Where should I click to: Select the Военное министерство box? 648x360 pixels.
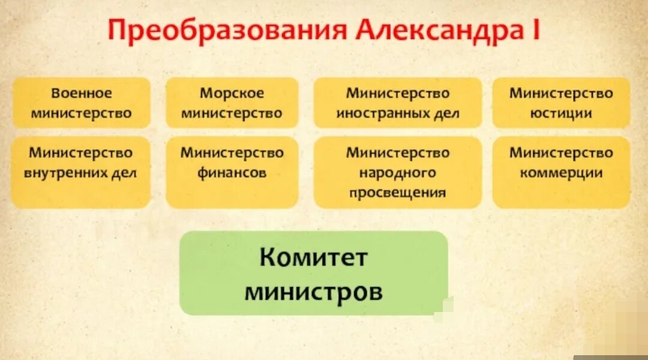[81, 103]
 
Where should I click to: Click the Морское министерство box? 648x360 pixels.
[232, 103]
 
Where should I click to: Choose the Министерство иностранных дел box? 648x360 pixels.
[397, 103]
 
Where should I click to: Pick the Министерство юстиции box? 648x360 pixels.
[561, 103]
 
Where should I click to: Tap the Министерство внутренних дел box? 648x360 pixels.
[81, 172]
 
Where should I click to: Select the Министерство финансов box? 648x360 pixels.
[232, 172]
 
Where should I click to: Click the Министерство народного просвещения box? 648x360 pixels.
[397, 172]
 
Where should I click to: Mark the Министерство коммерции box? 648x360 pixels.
[561, 172]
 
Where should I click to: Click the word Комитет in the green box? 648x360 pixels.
[313, 259]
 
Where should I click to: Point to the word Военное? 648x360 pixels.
[81, 94]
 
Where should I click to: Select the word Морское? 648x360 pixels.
[232, 94]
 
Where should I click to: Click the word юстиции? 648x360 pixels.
[561, 113]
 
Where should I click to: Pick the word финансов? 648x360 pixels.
[232, 173]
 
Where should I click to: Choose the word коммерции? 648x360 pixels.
[561, 173]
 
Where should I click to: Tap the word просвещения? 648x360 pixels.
[397, 193]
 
